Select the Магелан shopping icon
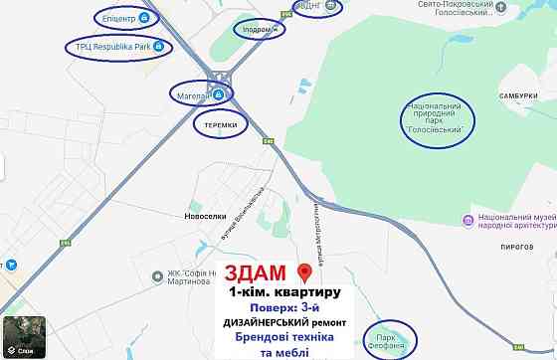217,94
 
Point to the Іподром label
258,29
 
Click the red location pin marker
305,272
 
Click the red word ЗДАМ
255,273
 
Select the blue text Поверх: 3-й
280,308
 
